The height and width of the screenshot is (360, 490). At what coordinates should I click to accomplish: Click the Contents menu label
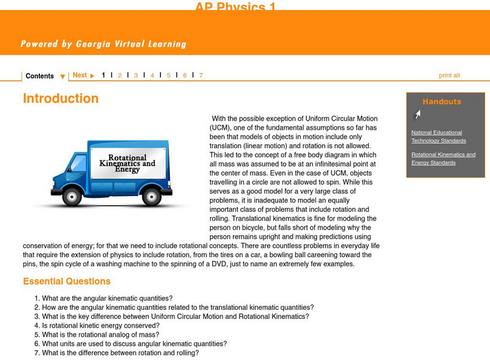(x=39, y=76)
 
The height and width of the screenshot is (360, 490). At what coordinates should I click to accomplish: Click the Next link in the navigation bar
(x=80, y=75)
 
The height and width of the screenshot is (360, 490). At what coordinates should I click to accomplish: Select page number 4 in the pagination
(x=153, y=75)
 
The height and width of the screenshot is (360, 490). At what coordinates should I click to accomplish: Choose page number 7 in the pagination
(x=201, y=75)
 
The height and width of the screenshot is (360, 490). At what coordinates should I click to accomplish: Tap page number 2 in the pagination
(x=120, y=75)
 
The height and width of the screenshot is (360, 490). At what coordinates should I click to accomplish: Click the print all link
(x=449, y=75)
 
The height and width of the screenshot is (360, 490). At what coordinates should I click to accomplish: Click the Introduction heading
(x=61, y=99)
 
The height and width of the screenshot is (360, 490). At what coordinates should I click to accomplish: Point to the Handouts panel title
(x=442, y=102)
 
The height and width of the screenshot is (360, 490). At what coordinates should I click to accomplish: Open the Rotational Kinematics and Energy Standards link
(x=443, y=159)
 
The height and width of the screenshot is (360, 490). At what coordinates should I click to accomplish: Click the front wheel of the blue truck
(x=72, y=197)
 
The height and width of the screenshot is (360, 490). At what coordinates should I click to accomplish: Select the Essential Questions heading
(x=67, y=282)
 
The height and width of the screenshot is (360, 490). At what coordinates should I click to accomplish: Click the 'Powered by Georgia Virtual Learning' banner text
(x=103, y=44)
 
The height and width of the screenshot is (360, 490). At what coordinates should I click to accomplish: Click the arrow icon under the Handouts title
(x=417, y=114)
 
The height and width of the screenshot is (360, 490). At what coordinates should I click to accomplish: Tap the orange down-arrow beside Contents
(x=62, y=77)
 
